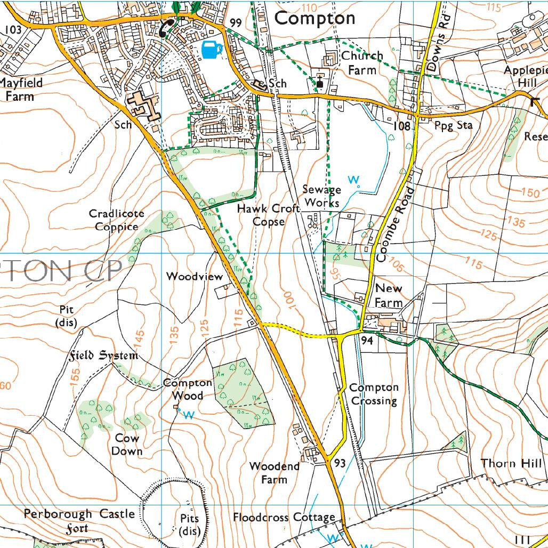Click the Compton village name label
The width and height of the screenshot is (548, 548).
coord(315,18)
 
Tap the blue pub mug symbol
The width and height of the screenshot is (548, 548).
coord(212,50)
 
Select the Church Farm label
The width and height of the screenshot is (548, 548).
coord(362,62)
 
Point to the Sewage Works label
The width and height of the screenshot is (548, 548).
coord(321,196)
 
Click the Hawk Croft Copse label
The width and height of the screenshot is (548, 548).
coord(268,215)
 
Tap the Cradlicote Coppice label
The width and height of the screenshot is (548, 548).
coord(116,220)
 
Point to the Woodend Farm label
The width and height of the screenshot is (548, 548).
coord(275,472)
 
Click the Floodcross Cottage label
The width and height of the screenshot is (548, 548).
coord(284,517)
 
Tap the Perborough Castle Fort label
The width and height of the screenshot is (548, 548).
coord(79,521)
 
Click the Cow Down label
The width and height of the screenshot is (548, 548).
coord(127,445)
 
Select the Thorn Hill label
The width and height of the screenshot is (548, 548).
coord(511,463)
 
